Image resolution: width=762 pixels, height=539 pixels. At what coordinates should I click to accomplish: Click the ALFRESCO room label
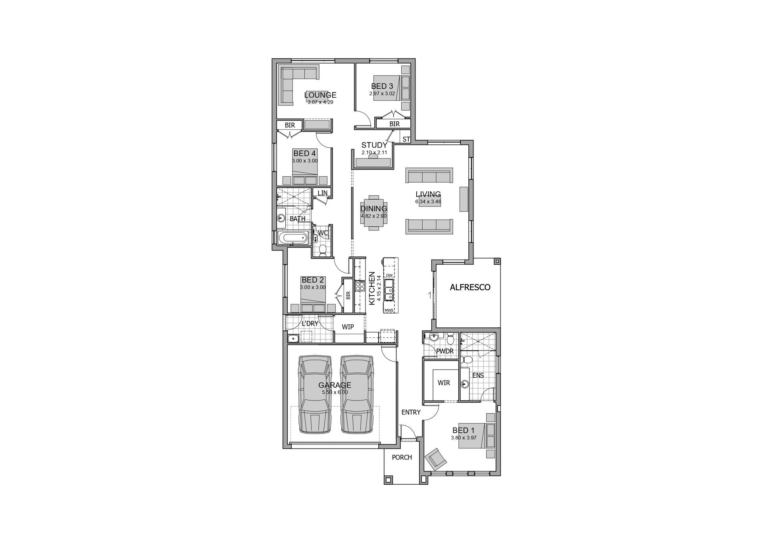click(x=470, y=287)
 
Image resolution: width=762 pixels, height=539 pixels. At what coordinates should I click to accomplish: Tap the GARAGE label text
click(x=335, y=385)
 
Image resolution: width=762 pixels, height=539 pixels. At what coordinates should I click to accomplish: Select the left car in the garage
click(x=315, y=395)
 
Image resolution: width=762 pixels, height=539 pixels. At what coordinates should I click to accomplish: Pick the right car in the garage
click(x=357, y=395)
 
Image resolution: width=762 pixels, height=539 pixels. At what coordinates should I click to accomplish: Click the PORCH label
click(x=402, y=458)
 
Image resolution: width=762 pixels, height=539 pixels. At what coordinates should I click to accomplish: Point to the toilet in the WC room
click(x=323, y=250)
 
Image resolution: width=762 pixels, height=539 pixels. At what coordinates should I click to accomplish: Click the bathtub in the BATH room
click(x=293, y=238)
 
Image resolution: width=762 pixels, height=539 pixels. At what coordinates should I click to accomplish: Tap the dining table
click(x=373, y=212)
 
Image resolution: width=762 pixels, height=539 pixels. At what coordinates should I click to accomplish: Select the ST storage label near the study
click(x=406, y=139)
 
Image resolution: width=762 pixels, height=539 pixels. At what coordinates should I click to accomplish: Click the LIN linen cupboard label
click(x=322, y=193)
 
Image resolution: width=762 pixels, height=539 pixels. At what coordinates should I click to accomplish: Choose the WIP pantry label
click(x=348, y=327)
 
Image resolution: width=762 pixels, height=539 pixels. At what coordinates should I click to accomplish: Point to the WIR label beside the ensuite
click(x=444, y=383)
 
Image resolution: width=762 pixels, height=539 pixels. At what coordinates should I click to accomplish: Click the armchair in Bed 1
click(x=436, y=459)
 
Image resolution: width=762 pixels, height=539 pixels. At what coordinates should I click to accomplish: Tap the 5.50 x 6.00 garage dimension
click(x=335, y=392)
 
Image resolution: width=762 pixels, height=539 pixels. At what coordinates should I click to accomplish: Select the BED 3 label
click(x=382, y=86)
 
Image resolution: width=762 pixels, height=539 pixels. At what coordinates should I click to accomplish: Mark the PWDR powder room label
click(x=444, y=351)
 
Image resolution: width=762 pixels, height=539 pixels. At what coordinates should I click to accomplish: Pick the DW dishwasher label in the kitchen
click(x=389, y=275)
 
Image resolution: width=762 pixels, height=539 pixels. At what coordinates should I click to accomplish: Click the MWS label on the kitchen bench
click(x=389, y=310)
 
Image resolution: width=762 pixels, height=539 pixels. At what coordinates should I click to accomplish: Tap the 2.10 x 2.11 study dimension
click(x=374, y=152)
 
